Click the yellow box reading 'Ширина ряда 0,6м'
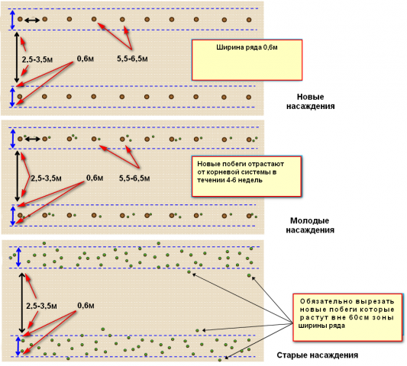tap(247, 60)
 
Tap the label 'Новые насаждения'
tap(311, 101)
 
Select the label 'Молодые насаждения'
tap(310, 225)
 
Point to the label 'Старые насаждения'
tap(317, 355)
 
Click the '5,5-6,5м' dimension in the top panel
tap(132, 59)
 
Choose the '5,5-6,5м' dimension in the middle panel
tap(134, 178)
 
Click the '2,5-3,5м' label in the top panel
tap(37, 59)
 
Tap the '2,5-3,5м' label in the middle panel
tap(47, 178)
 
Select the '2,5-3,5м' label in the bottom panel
tap(41, 306)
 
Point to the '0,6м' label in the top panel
tap(86, 59)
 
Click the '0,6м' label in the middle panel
tap(95, 178)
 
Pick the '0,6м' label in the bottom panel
tap(86, 305)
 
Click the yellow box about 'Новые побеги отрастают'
tap(247, 176)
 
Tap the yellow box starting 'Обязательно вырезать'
tap(347, 317)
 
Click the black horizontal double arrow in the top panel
tap(32, 20)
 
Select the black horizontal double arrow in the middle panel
tap(32, 140)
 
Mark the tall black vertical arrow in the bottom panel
tap(22, 303)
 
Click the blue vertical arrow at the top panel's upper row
tap(12, 19)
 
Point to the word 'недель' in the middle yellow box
tap(250, 180)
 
